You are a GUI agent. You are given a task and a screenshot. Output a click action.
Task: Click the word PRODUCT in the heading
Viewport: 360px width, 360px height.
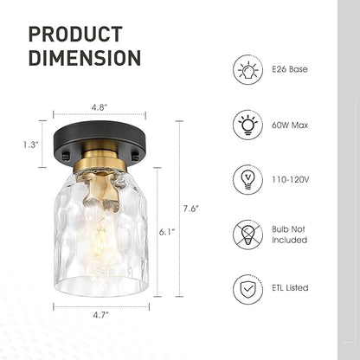(75, 34)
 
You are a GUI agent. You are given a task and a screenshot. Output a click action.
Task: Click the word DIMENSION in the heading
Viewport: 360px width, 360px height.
(85, 58)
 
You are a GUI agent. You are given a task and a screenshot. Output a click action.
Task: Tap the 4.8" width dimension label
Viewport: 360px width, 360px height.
(100, 107)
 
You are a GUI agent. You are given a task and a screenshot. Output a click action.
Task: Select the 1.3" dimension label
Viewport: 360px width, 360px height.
(31, 145)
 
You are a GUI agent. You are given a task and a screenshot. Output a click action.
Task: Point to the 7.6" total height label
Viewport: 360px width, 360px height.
(191, 209)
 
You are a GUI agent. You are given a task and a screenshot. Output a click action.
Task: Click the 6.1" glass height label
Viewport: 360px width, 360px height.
(167, 232)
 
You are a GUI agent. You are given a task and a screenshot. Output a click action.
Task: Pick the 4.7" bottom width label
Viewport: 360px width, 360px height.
(101, 315)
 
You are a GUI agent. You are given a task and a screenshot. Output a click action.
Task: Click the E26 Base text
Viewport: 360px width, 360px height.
(290, 69)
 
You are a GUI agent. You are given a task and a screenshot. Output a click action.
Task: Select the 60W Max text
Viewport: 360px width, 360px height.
(290, 125)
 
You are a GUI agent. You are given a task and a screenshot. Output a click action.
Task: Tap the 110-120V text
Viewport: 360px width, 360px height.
(290, 180)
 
